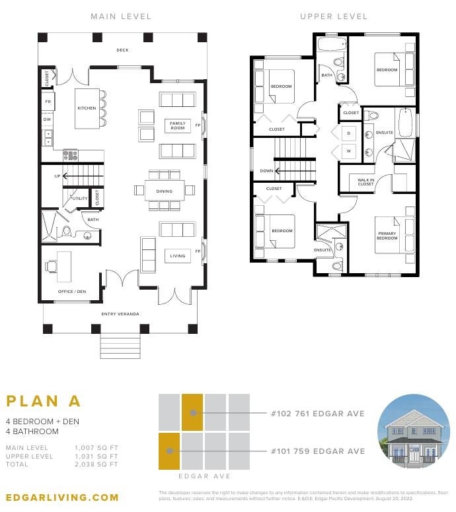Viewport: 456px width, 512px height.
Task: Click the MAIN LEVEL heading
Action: pos(121,16)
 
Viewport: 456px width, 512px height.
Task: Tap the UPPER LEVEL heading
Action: pos(333,16)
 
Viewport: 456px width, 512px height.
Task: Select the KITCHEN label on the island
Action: pos(87,108)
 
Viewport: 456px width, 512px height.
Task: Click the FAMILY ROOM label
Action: pos(178,125)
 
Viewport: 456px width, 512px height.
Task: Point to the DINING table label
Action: pos(164,191)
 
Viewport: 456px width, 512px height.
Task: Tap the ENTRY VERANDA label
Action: pos(120,313)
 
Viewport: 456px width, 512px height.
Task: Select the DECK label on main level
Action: pos(122,49)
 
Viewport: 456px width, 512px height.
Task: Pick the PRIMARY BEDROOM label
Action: pos(387,236)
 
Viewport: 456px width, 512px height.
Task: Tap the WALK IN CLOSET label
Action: pos(365,182)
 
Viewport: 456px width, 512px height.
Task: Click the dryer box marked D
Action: pos(348,133)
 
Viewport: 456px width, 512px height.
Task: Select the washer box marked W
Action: pos(348,151)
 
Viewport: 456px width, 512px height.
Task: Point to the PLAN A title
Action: pos(44,401)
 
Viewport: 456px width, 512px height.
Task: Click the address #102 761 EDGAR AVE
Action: pos(317,414)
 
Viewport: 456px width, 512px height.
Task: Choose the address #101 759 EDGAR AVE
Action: pos(317,451)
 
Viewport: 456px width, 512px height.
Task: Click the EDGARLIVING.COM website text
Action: pos(62,497)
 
